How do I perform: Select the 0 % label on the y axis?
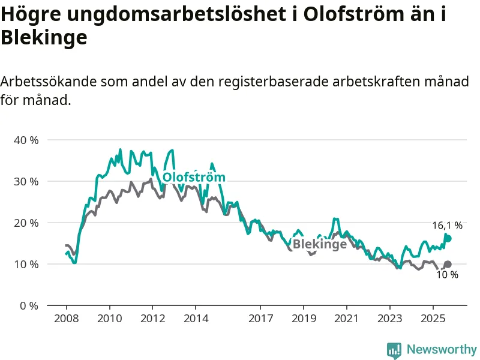point(29,305)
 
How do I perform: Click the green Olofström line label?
point(194,178)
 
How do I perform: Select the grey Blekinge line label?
point(320,244)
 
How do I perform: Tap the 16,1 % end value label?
point(447,226)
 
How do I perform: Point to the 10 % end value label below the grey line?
point(447,275)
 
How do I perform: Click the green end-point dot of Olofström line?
point(448,238)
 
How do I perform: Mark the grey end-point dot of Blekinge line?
point(448,264)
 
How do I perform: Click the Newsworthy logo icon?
point(394,350)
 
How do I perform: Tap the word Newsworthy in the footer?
point(442,349)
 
